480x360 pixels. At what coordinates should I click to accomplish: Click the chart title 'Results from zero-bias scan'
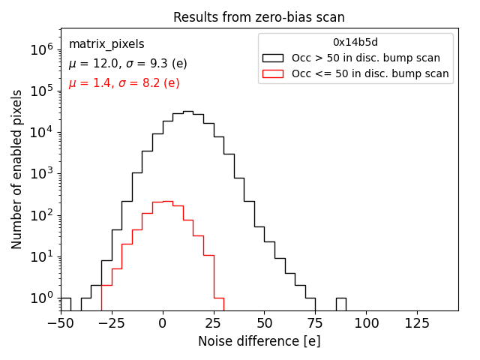(x=259, y=17)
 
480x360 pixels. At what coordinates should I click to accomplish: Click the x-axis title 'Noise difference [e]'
(x=259, y=341)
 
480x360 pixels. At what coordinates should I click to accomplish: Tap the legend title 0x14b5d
(x=355, y=42)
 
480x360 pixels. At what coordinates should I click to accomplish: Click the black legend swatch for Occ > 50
(x=273, y=58)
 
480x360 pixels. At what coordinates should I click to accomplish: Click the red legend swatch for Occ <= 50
(x=273, y=73)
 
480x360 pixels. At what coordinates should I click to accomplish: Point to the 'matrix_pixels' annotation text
(x=106, y=44)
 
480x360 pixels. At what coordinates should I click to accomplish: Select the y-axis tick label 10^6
(x=40, y=49)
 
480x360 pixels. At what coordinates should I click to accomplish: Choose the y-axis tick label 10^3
(x=40, y=174)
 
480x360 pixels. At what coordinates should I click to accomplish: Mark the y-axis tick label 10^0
(x=40, y=298)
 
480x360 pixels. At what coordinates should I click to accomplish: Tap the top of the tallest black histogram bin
(x=188, y=112)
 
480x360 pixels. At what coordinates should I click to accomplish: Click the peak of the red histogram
(x=168, y=201)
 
